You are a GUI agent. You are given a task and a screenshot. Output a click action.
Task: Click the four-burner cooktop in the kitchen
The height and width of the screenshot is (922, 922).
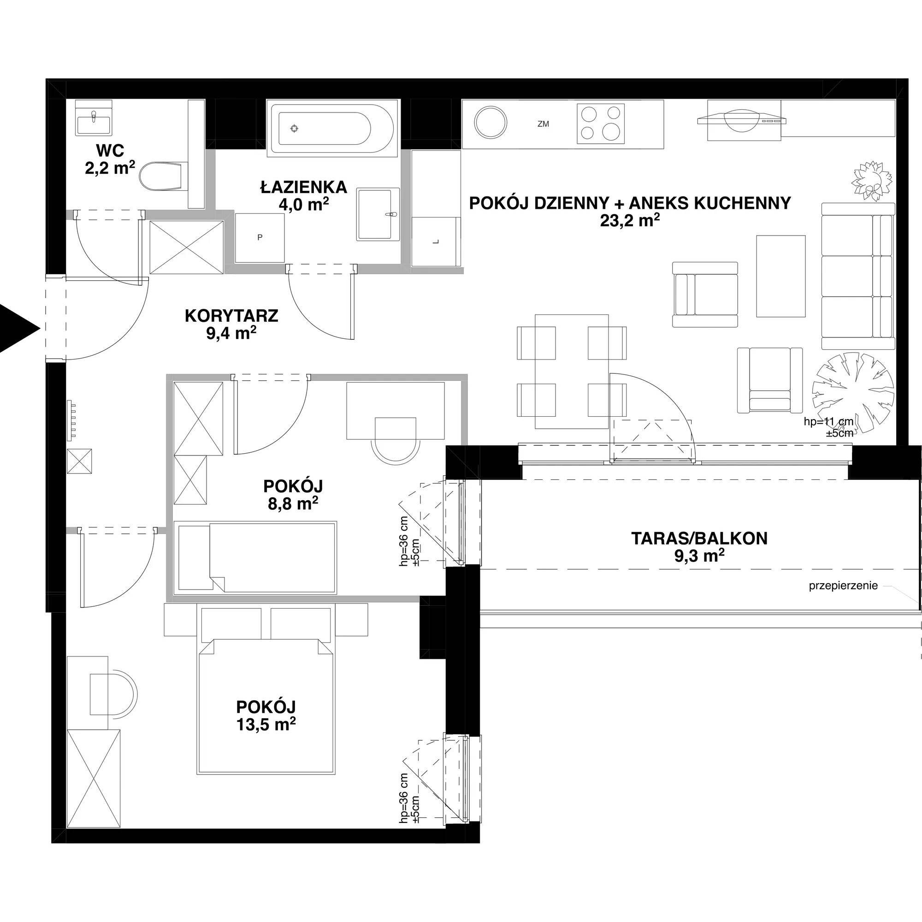pyautogui.click(x=601, y=124)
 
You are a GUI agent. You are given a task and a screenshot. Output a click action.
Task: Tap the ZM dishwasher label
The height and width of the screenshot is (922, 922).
pyautogui.click(x=543, y=124)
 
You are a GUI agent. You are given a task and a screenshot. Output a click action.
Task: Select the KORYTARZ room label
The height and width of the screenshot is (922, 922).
pyautogui.click(x=231, y=316)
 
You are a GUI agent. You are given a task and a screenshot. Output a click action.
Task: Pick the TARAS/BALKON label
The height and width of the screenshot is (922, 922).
pyautogui.click(x=700, y=538)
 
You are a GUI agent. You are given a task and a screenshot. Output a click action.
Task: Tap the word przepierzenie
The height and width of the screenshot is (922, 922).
pyautogui.click(x=843, y=586)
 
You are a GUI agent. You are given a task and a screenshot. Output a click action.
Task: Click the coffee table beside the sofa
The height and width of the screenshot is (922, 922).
pyautogui.click(x=781, y=276)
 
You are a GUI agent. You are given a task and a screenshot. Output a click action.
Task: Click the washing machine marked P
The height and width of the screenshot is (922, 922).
pyautogui.click(x=260, y=237)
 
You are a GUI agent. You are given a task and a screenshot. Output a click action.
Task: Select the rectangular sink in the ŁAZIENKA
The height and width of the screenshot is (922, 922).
pyautogui.click(x=378, y=214)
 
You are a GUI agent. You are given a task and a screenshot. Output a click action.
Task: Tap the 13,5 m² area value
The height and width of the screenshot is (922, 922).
pyautogui.click(x=266, y=725)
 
